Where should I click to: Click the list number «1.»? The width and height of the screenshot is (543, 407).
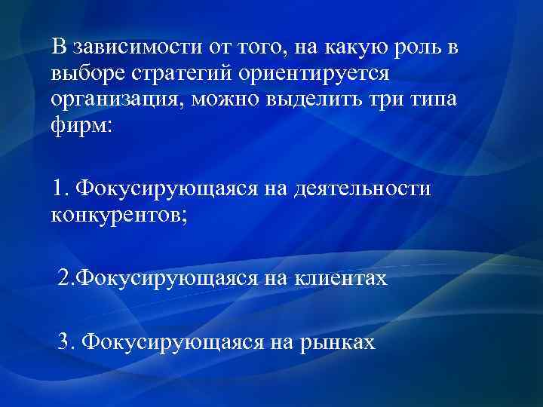coord(62,188)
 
